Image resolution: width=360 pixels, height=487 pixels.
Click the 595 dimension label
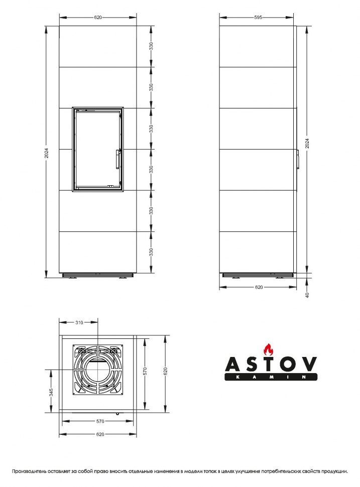pyautogui.click(x=258, y=17)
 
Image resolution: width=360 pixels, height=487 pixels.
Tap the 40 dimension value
pyautogui.click(x=307, y=294)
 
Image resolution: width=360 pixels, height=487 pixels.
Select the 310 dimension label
pyautogui.click(x=79, y=323)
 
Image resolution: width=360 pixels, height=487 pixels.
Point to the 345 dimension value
pyautogui.click(x=51, y=392)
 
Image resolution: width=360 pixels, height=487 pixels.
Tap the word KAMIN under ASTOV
pyautogui.click(x=270, y=377)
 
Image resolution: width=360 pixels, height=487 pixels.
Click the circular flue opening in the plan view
pyautogui.click(x=98, y=370)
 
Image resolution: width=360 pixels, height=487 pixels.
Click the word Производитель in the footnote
pyautogui.click(x=31, y=471)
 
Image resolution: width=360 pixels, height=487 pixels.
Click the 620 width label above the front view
pyautogui.click(x=98, y=17)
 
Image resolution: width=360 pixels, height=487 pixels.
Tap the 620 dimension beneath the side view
pyautogui.click(x=259, y=287)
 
